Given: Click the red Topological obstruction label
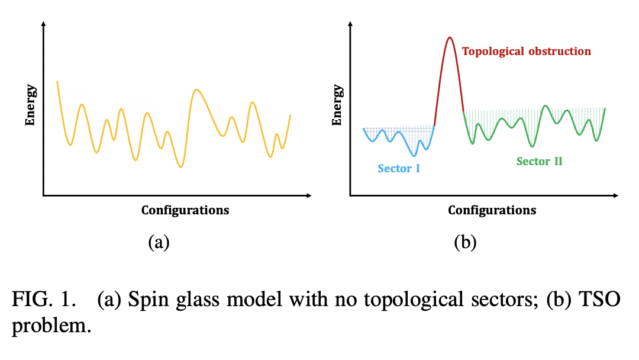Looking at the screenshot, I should (527, 52).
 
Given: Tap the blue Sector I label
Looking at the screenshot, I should (399, 169).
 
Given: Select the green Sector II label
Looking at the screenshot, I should (539, 161).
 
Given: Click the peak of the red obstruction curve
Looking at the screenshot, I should (450, 38).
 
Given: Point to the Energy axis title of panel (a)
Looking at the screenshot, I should (30, 105).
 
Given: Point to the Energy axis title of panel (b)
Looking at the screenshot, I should (337, 105).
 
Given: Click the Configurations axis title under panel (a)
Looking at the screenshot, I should (185, 210).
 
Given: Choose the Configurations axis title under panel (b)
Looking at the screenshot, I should (492, 210).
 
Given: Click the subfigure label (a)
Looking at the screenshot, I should (159, 242).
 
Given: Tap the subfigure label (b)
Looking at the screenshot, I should (465, 242).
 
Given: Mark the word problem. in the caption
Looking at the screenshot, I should (51, 326).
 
